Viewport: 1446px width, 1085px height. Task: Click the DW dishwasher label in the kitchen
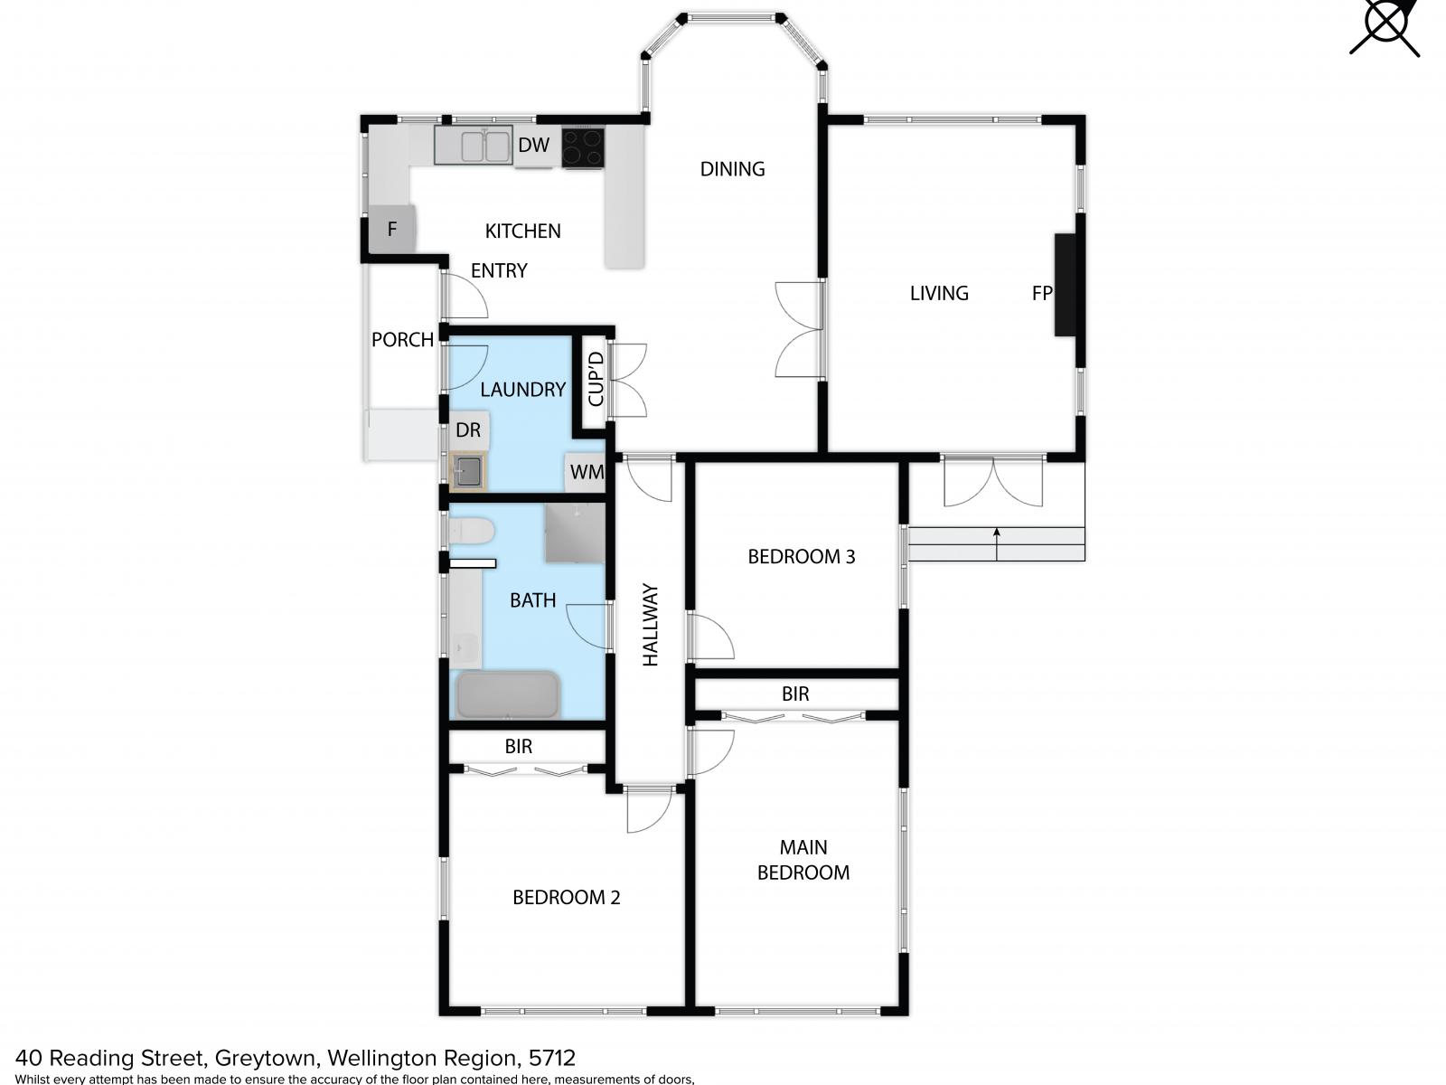(533, 145)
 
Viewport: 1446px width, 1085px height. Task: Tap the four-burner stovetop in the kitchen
(582, 146)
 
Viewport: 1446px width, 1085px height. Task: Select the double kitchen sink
(473, 145)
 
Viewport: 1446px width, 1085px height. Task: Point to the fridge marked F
(392, 229)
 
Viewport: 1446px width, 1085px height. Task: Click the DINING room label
(732, 169)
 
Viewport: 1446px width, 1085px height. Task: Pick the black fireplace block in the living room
(1065, 285)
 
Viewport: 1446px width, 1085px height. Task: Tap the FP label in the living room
(1041, 293)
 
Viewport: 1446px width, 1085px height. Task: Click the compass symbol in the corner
(1384, 26)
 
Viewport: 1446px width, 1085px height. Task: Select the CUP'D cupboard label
(595, 379)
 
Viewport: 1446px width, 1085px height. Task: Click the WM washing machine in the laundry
(585, 472)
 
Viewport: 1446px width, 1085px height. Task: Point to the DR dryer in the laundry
(468, 430)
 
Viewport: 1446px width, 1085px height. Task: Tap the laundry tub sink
(468, 470)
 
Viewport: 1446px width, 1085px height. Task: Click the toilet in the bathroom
(471, 531)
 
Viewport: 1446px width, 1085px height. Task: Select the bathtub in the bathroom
(508, 694)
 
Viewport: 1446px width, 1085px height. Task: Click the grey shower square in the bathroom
(575, 533)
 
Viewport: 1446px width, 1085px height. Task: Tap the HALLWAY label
(650, 625)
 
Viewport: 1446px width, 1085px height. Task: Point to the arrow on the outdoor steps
(996, 543)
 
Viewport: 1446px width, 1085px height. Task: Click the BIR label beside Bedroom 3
(795, 693)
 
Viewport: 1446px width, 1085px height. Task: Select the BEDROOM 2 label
(566, 897)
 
